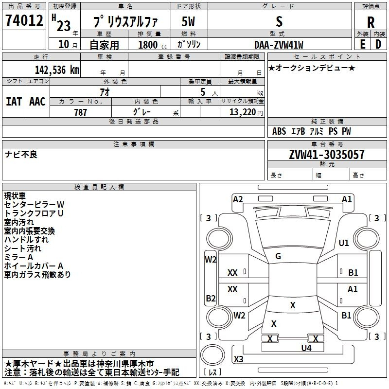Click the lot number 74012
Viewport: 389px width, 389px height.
(24, 20)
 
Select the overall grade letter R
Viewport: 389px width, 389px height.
(371, 22)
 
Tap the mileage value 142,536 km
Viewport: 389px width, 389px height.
(57, 70)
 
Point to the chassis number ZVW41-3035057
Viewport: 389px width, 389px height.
(327, 155)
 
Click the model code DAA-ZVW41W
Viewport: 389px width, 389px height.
(279, 45)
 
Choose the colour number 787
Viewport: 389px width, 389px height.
(80, 112)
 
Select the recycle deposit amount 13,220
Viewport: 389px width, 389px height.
(243, 112)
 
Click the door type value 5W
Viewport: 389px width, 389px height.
(188, 22)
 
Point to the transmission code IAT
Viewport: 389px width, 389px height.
(14, 102)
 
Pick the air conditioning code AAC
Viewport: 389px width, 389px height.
(37, 102)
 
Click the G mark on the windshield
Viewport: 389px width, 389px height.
(278, 256)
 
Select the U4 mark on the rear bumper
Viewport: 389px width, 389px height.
(306, 348)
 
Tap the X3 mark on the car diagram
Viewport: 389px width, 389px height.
(239, 359)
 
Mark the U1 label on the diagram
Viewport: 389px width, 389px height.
(344, 243)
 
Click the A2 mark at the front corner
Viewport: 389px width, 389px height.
(238, 199)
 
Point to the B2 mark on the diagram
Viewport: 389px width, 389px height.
(211, 298)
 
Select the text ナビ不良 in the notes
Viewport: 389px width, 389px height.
(21, 155)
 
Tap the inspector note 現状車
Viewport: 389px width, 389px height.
(15, 196)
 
